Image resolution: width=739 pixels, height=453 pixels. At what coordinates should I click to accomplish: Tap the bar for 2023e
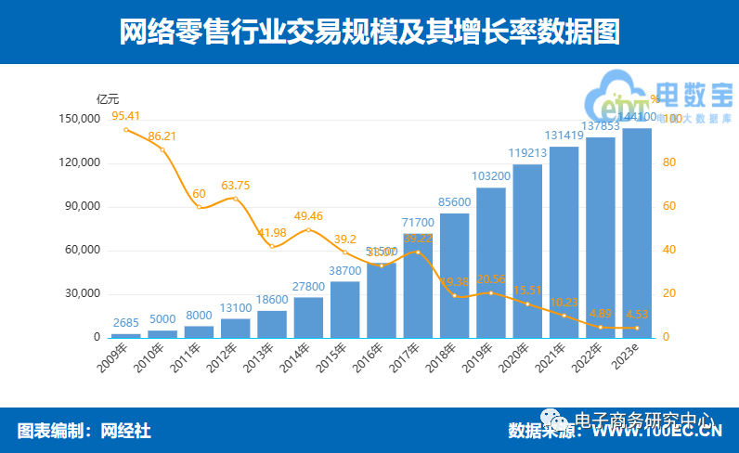[x=636, y=232]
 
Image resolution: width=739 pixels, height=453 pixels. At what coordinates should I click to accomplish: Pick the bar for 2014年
[x=308, y=317]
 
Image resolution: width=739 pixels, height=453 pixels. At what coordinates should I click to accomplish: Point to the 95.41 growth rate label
[x=125, y=116]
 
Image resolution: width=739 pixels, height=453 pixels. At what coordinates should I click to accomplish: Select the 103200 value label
[x=490, y=176]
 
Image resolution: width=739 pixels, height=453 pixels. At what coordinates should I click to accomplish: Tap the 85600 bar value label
[x=454, y=202]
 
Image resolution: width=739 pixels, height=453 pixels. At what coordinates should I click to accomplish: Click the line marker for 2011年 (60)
[x=199, y=207]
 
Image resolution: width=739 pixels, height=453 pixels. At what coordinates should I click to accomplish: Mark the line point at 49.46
[x=308, y=229]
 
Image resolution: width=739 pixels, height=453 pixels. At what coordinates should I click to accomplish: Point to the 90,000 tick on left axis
[x=79, y=207]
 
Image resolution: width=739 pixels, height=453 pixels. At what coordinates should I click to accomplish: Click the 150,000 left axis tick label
[x=77, y=120]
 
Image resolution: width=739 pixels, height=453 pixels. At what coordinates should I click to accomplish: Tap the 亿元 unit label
[x=108, y=98]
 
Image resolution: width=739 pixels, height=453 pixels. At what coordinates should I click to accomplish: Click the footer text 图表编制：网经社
[x=84, y=431]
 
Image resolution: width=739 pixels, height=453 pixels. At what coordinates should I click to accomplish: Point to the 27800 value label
[x=308, y=287]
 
